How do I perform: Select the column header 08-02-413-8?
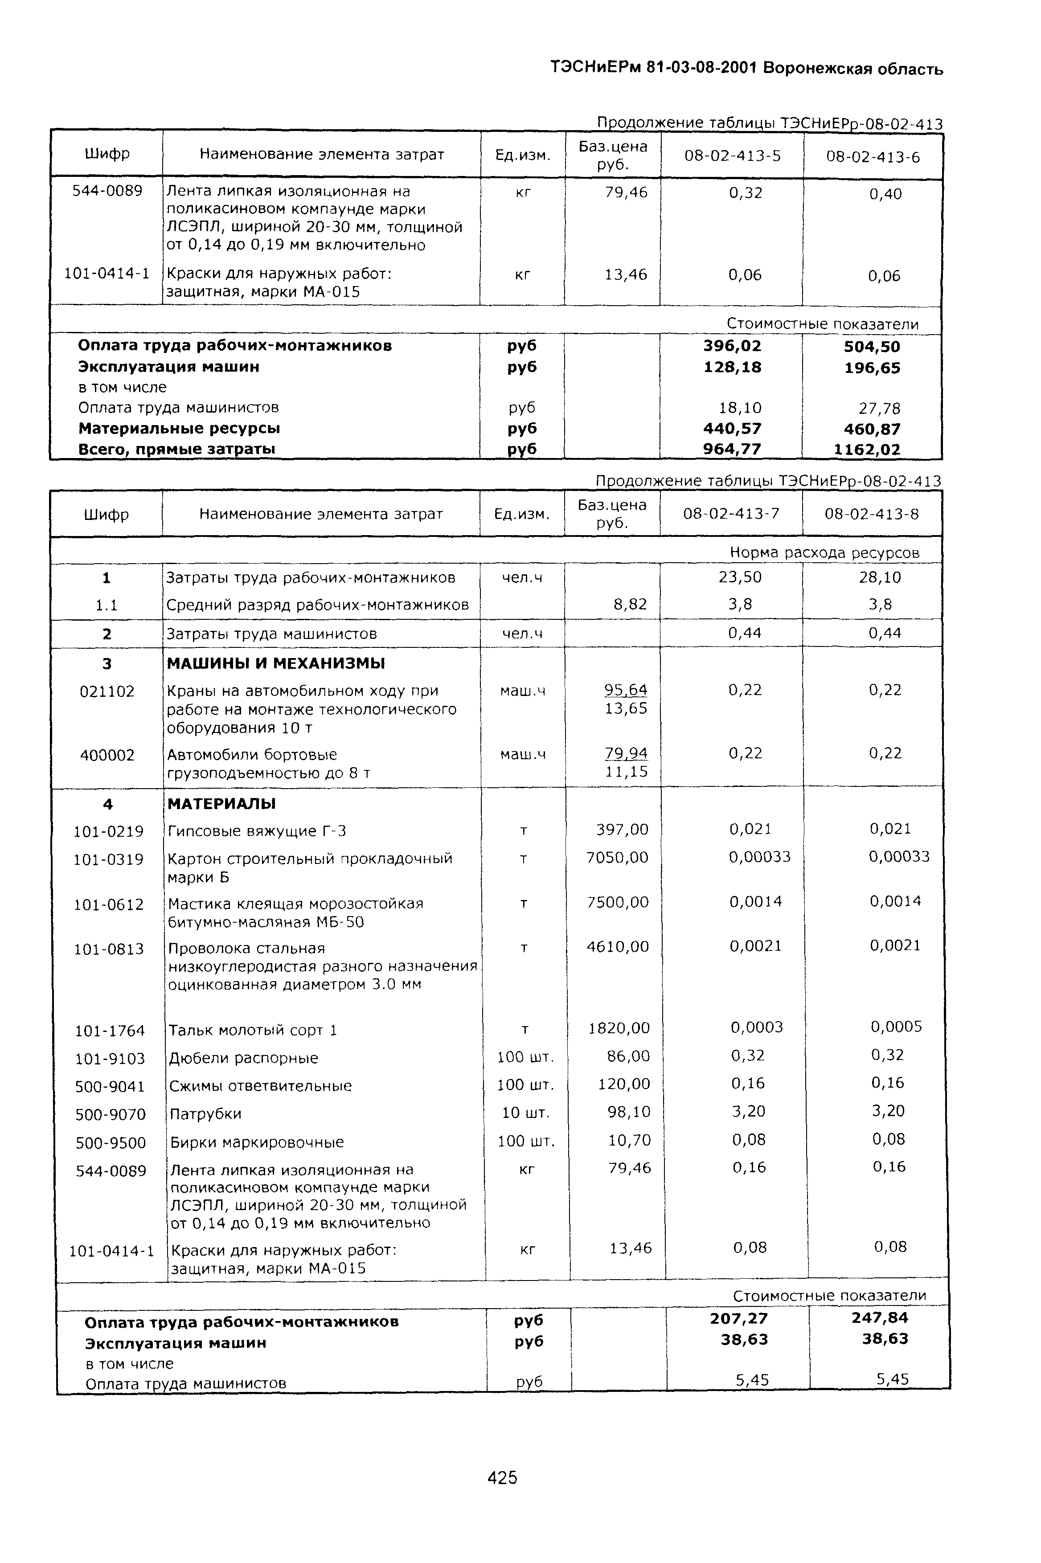click(x=872, y=514)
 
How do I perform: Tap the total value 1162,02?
click(x=867, y=449)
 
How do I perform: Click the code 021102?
click(x=107, y=691)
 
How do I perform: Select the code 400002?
click(x=107, y=755)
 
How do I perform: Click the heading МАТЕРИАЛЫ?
click(x=221, y=804)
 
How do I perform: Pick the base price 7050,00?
click(x=618, y=858)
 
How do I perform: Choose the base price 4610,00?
click(x=618, y=946)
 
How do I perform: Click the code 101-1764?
click(x=110, y=1031)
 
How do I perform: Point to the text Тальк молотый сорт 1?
click(x=253, y=1030)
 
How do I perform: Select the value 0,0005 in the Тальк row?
click(x=896, y=1027)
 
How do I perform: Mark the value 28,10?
click(x=880, y=577)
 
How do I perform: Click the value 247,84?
click(x=880, y=1318)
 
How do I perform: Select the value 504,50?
click(x=872, y=347)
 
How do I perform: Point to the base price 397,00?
click(x=622, y=830)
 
